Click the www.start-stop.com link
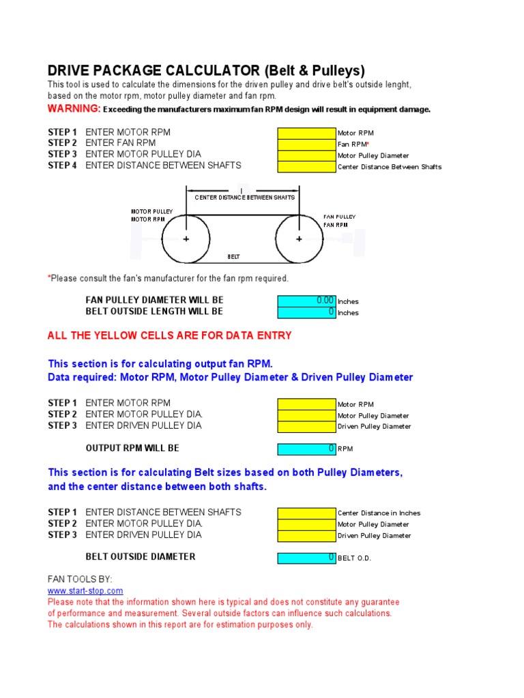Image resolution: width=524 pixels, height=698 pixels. [x=85, y=591]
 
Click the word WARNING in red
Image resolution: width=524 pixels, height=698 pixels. [x=74, y=109]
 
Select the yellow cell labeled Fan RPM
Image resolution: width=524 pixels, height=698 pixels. [x=306, y=144]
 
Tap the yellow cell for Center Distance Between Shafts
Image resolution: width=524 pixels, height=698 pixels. [x=306, y=166]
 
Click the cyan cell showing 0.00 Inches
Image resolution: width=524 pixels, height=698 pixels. [x=306, y=301]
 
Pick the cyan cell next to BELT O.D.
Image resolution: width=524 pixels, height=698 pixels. [x=306, y=558]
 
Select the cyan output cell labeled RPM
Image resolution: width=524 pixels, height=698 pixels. [x=306, y=449]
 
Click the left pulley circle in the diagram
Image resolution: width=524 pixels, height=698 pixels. [x=186, y=239]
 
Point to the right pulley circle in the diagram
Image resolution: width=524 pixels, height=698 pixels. [x=299, y=239]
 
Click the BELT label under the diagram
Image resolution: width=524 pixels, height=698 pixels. [x=233, y=257]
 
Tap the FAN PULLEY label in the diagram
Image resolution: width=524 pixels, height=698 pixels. [x=340, y=217]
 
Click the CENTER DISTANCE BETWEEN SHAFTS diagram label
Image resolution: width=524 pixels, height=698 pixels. [x=244, y=197]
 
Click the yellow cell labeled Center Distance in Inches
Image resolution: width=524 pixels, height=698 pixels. [x=306, y=513]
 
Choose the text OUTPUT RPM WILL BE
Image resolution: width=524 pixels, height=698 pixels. [x=132, y=449]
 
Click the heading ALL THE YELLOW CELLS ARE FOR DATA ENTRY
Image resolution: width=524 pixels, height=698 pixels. [x=169, y=335]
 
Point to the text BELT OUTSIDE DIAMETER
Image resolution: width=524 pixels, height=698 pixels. [x=141, y=557]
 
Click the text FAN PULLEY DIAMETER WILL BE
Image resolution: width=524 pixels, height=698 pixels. [x=154, y=300]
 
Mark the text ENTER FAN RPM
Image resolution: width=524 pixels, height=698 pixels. [x=121, y=143]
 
